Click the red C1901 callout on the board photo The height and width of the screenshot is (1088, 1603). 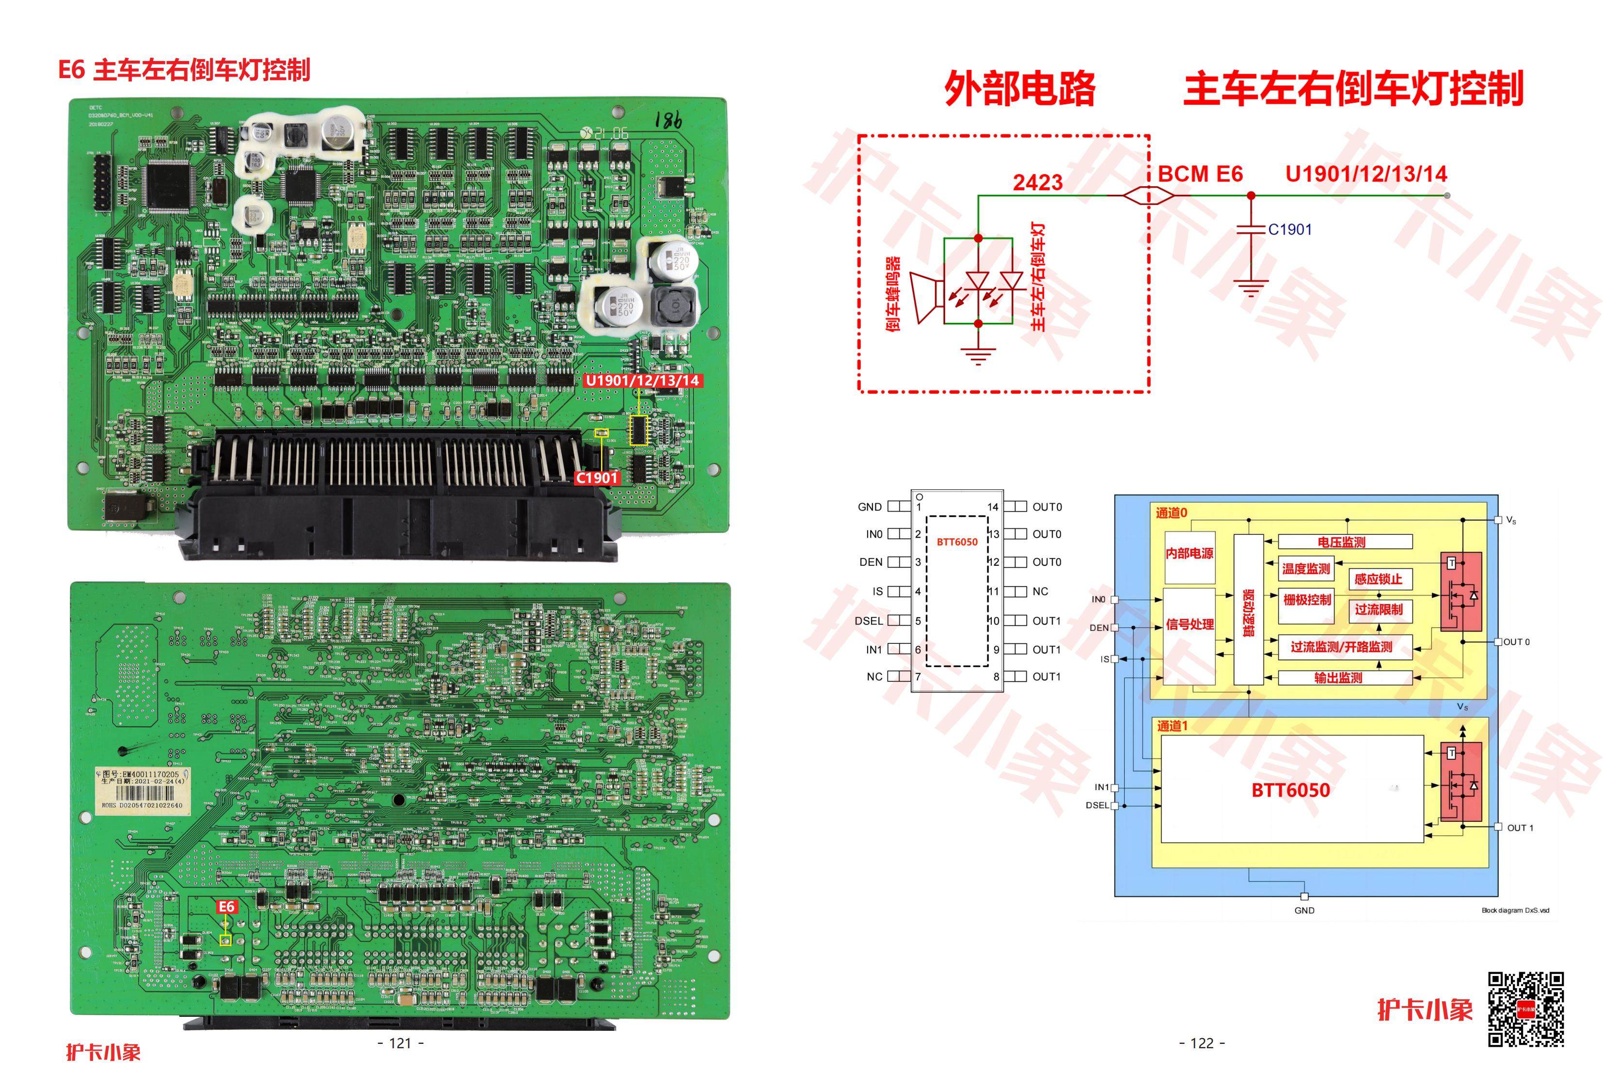pos(597,478)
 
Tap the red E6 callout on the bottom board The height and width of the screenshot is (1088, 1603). pos(226,907)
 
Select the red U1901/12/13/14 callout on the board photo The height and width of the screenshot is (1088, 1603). pos(642,380)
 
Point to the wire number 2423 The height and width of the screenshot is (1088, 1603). pos(1037,182)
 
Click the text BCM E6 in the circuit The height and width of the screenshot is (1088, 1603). pos(1200,174)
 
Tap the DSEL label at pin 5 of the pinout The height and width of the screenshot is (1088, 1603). pos(869,621)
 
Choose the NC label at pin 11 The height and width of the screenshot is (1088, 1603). pos(1040,591)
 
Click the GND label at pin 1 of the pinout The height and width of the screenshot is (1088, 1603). pos(870,507)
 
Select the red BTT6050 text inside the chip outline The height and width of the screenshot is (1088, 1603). pos(957,542)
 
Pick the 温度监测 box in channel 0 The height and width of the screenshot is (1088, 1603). pos(1306,569)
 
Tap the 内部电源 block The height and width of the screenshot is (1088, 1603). pos(1189,553)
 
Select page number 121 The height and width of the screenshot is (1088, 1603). pos(401,1043)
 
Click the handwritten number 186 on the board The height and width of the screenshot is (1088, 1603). pos(667,121)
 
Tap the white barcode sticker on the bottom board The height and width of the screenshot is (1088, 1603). pos(142,789)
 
